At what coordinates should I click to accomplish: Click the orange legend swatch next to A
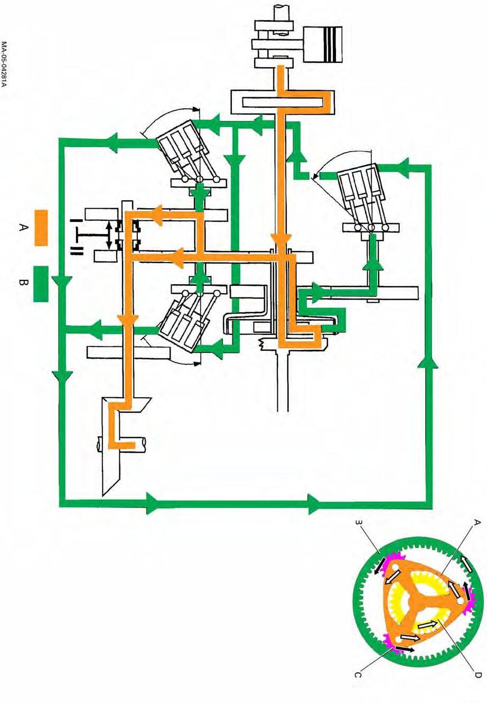pos(41,228)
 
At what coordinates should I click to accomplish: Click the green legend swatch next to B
pos(41,284)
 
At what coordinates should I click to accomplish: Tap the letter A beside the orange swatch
pos(23,228)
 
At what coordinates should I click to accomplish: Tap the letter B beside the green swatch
pos(23,284)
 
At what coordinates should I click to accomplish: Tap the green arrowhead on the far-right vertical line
pos(428,362)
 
